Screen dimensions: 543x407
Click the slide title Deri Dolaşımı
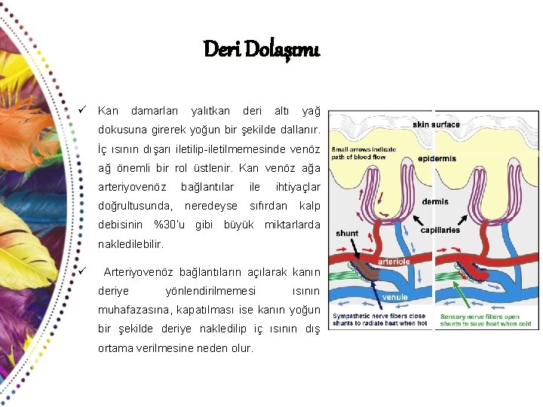[262, 50]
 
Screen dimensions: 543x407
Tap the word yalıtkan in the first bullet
[210, 111]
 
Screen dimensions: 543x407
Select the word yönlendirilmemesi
[210, 291]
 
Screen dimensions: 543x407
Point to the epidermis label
[437, 159]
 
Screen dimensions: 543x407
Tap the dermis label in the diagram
[435, 201]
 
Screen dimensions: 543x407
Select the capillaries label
[440, 230]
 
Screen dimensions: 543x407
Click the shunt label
[347, 233]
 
